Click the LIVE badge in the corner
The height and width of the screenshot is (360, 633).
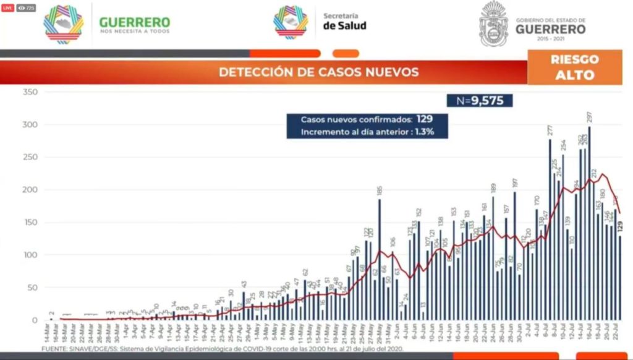click(x=7, y=7)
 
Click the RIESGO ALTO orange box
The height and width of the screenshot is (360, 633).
click(x=574, y=67)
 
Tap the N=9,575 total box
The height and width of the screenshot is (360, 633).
click(x=480, y=101)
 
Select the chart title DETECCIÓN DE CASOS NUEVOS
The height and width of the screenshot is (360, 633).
click(x=318, y=72)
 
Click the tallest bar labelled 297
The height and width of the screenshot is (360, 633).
click(x=589, y=223)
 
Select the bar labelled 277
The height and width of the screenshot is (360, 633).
click(x=550, y=229)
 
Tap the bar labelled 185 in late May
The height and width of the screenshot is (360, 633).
click(x=380, y=260)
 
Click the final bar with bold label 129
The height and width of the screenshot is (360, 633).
click(x=619, y=278)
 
